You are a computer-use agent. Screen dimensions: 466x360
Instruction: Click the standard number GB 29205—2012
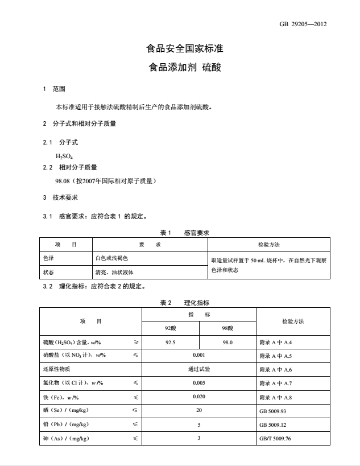pyautogui.click(x=303, y=24)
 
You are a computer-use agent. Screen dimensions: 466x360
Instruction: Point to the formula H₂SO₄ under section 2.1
pyautogui.click(x=64, y=156)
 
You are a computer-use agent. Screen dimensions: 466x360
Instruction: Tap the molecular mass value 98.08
pyautogui.click(x=63, y=182)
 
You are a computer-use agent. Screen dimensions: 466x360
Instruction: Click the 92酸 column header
pyautogui.click(x=170, y=328)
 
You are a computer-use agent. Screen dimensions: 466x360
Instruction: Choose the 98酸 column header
pyautogui.click(x=227, y=328)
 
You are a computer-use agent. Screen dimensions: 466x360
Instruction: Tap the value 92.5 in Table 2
pyautogui.click(x=170, y=343)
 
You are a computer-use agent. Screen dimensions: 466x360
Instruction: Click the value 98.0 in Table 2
pyautogui.click(x=227, y=343)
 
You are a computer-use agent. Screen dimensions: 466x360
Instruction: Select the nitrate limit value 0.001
pyautogui.click(x=198, y=355)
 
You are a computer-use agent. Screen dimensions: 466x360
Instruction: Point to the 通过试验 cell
pyautogui.click(x=198, y=369)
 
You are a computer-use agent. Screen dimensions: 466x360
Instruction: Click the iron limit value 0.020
pyautogui.click(x=198, y=397)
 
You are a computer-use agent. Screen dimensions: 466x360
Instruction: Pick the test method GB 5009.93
pyautogui.click(x=273, y=411)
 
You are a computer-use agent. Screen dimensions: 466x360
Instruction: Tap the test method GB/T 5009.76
pyautogui.click(x=275, y=439)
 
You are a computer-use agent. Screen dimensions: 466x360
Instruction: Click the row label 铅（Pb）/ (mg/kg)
pyautogui.click(x=65, y=424)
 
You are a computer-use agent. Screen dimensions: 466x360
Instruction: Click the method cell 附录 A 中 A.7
pyautogui.click(x=275, y=383)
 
